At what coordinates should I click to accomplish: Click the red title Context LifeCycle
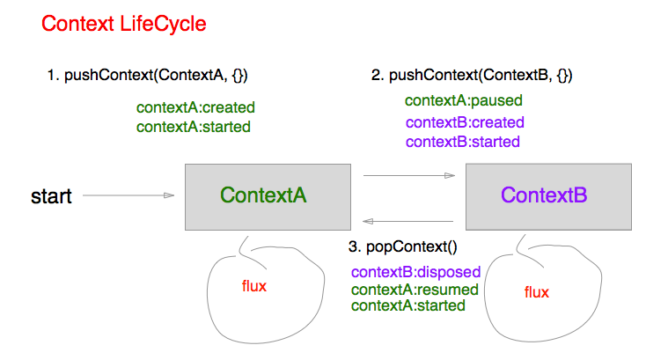tap(123, 24)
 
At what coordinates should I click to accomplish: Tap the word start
tap(52, 196)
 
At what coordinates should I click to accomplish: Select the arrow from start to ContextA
tap(128, 195)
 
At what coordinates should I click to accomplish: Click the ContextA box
tap(268, 197)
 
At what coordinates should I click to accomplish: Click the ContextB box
tap(548, 196)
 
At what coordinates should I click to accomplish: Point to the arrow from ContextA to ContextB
tap(409, 175)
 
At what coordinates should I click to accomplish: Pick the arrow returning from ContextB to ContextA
tap(407, 221)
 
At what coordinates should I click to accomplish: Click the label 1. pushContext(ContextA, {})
tap(148, 76)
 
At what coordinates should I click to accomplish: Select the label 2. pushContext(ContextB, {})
tap(472, 76)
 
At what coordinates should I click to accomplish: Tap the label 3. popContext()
tap(402, 246)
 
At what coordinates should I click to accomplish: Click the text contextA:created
tap(195, 107)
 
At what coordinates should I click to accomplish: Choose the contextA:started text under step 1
tap(194, 127)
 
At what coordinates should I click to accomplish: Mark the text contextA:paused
tap(464, 100)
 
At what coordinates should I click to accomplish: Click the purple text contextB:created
tap(465, 122)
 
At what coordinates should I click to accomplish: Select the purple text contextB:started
tap(463, 142)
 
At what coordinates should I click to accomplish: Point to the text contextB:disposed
tap(415, 272)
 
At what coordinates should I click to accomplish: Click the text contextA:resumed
tap(415, 290)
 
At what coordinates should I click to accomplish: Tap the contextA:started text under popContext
tap(408, 305)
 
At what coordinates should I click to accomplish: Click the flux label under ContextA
tap(254, 286)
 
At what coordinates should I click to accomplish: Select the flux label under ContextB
tap(536, 292)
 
